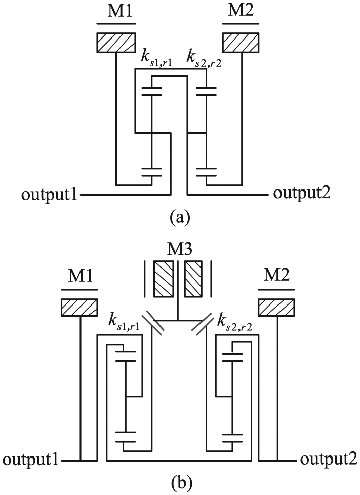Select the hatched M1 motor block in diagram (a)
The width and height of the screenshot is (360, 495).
click(116, 43)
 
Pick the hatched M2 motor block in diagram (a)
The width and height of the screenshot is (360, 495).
click(242, 43)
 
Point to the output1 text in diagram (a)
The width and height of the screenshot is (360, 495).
click(50, 195)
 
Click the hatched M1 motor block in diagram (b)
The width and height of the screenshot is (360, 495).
click(79, 307)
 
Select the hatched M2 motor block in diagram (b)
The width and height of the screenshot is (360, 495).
click(277, 307)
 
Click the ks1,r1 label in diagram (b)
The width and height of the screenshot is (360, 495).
click(125, 321)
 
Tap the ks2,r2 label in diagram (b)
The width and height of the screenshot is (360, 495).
click(235, 321)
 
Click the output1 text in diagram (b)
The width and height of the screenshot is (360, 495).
click(30, 462)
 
